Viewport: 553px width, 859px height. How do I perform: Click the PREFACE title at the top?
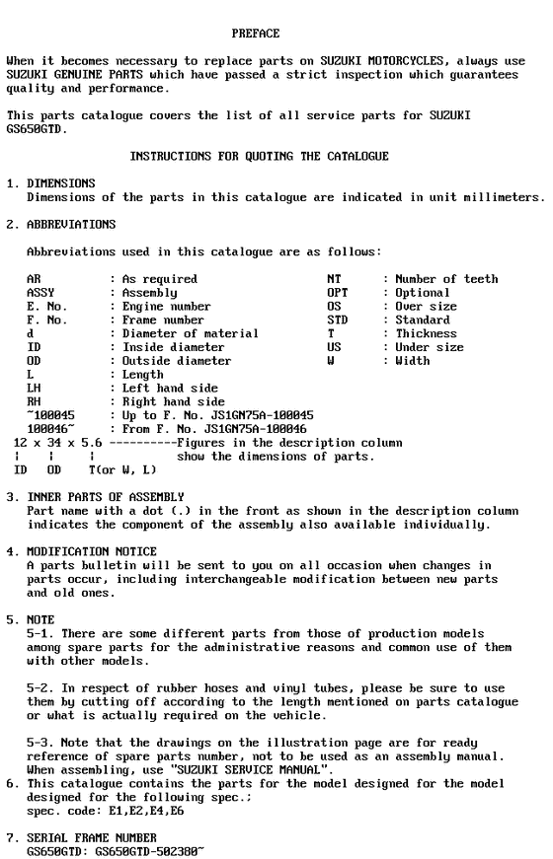(255, 34)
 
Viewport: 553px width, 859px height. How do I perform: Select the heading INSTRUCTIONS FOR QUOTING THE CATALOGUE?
(260, 156)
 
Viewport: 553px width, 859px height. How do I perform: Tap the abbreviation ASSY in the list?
(40, 293)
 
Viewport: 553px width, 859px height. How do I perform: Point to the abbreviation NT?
(334, 279)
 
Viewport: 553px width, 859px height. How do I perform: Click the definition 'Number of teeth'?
(446, 279)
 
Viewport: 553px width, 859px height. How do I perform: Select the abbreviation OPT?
(337, 293)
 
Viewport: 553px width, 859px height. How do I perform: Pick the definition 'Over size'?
(427, 307)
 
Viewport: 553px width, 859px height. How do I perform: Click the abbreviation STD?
(337, 321)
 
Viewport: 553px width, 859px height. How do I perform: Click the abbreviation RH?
(34, 402)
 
